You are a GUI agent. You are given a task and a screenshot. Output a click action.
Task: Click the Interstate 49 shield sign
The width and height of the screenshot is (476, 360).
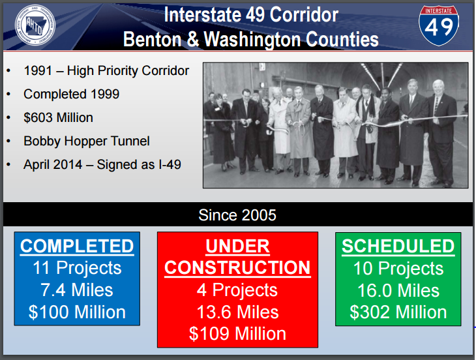439,25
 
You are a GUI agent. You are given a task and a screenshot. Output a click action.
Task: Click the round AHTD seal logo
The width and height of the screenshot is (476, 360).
35,25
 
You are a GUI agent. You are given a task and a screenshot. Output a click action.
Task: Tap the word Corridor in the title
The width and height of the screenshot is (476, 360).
304,14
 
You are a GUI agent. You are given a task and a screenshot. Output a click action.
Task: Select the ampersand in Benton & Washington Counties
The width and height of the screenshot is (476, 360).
192,39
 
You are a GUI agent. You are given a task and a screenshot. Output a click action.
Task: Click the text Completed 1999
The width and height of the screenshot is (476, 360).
71,94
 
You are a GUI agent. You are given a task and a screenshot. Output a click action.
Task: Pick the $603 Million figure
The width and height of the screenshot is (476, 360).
58,117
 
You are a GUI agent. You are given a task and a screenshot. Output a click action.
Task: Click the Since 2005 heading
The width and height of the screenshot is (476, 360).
237,215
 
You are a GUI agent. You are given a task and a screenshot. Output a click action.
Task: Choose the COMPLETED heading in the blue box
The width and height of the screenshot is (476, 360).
77,246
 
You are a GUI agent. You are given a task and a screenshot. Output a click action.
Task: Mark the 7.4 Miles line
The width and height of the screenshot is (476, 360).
77,290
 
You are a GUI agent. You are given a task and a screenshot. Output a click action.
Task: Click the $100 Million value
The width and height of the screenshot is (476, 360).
77,312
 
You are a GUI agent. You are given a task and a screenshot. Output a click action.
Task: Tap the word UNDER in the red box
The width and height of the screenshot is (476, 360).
238,246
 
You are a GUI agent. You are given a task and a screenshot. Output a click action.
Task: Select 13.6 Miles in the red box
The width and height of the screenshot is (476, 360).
238,312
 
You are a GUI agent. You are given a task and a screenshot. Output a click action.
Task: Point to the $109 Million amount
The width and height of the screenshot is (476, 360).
238,334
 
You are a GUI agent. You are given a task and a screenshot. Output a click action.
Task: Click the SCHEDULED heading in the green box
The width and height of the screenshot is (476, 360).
398,246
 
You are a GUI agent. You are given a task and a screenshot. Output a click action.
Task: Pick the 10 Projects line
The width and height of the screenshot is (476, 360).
398,268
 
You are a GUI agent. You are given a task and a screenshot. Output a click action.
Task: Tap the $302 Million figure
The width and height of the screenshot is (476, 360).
398,312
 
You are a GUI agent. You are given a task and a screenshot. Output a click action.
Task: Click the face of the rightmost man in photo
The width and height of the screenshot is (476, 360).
438,88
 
